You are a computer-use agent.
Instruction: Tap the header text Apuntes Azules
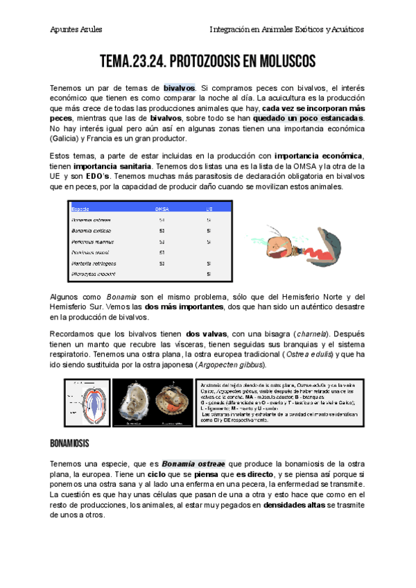[x=77, y=29]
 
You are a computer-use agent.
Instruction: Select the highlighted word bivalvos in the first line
[x=180, y=87]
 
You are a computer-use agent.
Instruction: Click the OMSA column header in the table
[x=161, y=207]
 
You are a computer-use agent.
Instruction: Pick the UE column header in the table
[x=209, y=207]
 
